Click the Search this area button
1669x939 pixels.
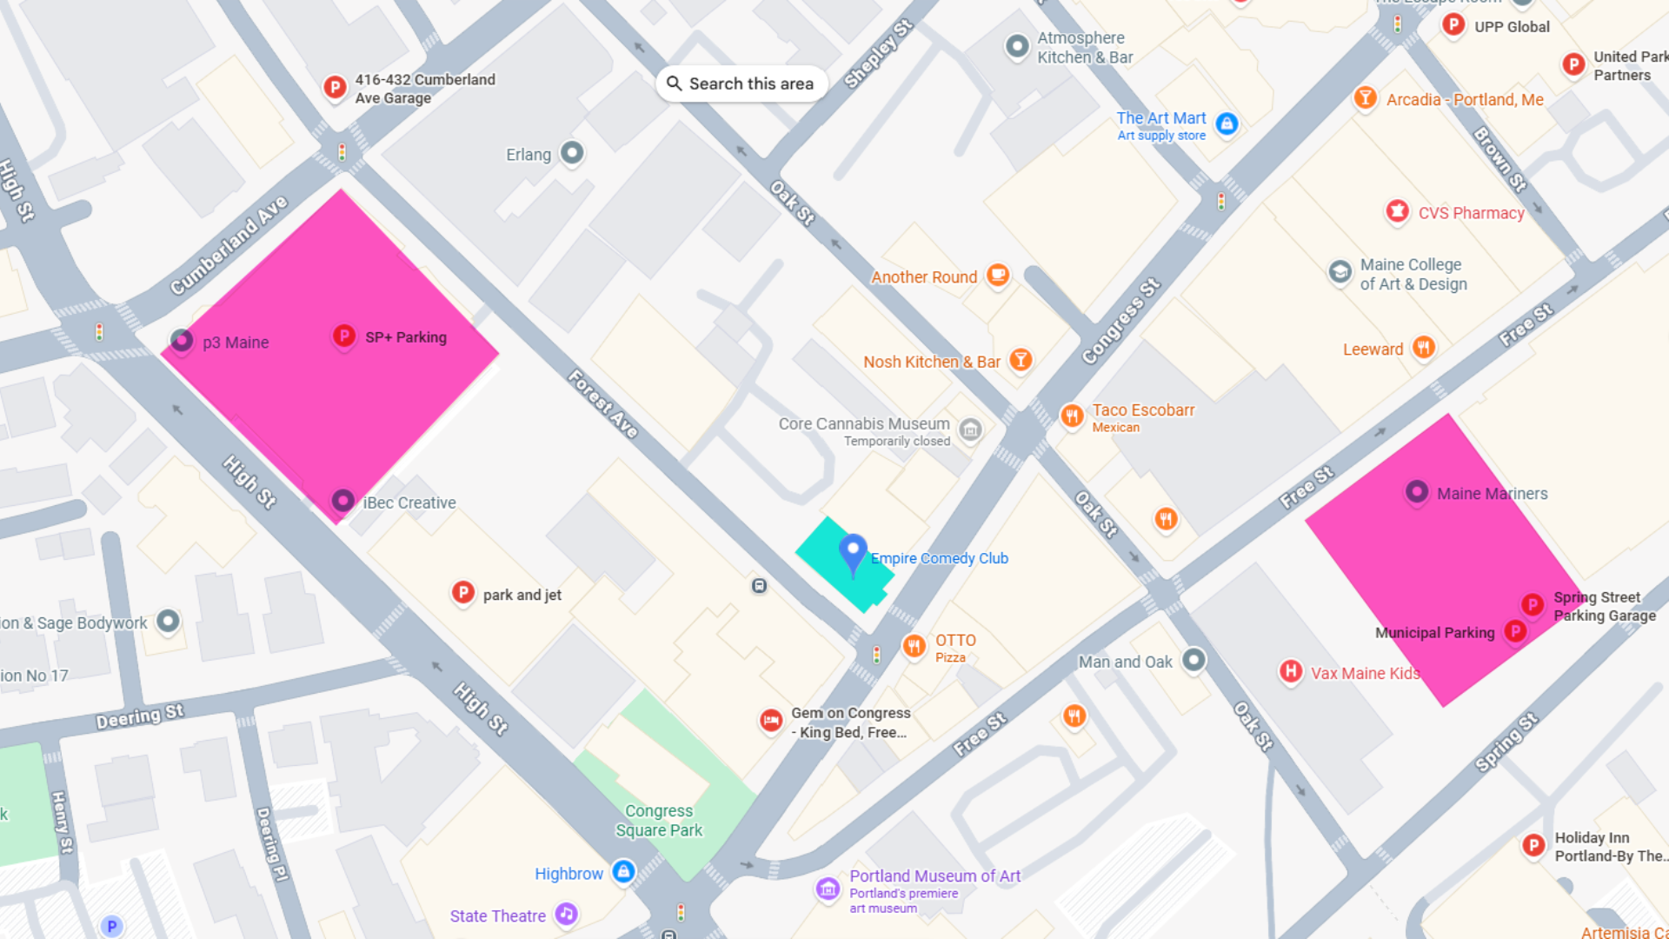[x=741, y=83]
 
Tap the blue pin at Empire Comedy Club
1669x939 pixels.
[x=853, y=551]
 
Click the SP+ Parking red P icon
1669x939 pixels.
[x=344, y=336]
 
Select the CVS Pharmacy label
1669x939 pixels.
[x=1471, y=213]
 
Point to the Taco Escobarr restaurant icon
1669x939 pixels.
[x=1072, y=416]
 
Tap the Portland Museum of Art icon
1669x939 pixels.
[x=828, y=889]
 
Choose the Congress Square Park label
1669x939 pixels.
[x=659, y=820]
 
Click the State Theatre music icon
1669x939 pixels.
[x=567, y=914]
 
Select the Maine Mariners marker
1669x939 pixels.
[x=1417, y=492]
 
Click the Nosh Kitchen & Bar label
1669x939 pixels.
[x=931, y=362]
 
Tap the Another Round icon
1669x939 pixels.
[x=998, y=276]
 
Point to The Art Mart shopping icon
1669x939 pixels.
[x=1227, y=123]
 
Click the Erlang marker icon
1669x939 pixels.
[x=571, y=153]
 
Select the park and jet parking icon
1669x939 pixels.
[x=463, y=593]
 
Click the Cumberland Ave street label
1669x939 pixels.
[x=229, y=245]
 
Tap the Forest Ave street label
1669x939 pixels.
[x=603, y=403]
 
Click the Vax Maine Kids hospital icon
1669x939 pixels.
[x=1291, y=671]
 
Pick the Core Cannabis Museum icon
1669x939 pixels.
[x=970, y=429]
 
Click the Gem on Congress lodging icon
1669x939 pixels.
[x=770, y=720]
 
